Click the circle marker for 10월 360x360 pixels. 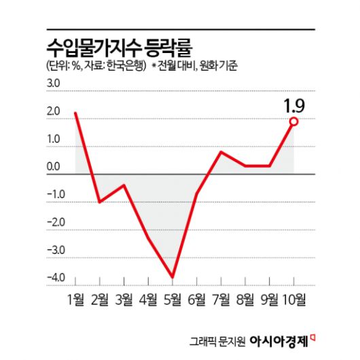(294, 121)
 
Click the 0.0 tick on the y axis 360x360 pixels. (54, 167)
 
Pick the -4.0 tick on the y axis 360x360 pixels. (54, 277)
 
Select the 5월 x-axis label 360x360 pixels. (173, 299)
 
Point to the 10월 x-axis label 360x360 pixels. (294, 299)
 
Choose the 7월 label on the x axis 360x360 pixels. (221, 299)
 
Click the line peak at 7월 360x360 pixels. (221, 151)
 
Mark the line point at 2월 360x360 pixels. (99, 202)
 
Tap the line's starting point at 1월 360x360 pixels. (75, 113)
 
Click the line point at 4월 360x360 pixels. (148, 238)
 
